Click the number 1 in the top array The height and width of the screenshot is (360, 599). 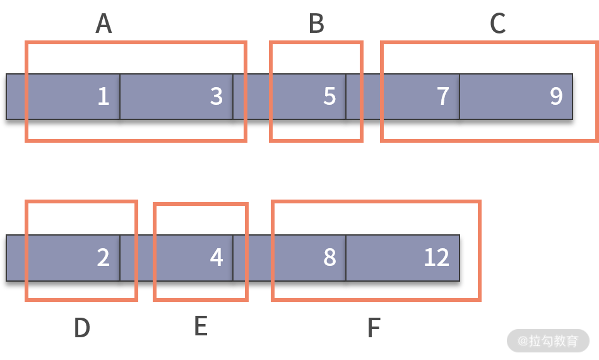pos(103,96)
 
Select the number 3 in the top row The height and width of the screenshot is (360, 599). pos(216,96)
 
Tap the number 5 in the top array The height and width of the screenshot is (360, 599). pos(329,96)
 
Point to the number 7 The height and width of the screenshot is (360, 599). pos(443,96)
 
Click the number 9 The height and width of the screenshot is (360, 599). pos(556,96)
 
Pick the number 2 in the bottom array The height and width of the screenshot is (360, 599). pos(103,258)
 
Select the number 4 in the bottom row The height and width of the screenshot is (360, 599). pos(216,258)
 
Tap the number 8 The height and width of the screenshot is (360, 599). pos(329,258)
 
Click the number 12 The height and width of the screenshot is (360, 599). pos(436,258)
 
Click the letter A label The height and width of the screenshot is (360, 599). pos(104,24)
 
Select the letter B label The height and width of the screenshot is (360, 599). pos(316,24)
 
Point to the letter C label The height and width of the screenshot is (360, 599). pos(498,24)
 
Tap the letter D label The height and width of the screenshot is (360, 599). pos(82,328)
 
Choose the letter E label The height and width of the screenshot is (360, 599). pos(200,327)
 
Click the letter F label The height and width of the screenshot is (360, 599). pos(374,328)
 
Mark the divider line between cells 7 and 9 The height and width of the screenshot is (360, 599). pos(460,96)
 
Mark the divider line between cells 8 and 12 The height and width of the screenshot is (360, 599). pos(346,258)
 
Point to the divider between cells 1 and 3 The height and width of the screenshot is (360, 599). pos(120,96)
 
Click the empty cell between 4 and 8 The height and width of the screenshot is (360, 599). pos(259,258)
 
